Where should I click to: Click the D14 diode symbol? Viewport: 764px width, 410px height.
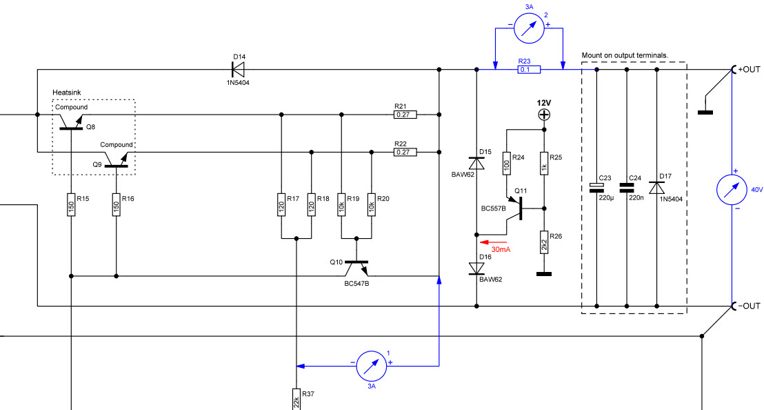point(238,69)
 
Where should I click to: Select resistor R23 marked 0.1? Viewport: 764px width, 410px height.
point(529,70)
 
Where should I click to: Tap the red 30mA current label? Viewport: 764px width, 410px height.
point(501,250)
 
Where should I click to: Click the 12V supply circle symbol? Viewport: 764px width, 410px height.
point(544,115)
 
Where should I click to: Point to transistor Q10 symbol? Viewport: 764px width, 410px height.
point(356,267)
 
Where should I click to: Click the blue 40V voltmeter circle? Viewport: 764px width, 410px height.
point(732,190)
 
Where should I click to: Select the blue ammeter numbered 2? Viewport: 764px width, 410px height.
point(529,28)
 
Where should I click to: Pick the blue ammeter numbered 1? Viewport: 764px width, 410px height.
point(371,366)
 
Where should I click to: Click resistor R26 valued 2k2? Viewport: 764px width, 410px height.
point(544,242)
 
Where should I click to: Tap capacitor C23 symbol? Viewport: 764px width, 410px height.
point(596,188)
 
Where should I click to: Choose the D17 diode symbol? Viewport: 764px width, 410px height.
point(657,188)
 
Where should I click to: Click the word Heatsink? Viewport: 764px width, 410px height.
point(67,92)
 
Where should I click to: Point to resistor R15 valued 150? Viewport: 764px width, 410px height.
point(71,205)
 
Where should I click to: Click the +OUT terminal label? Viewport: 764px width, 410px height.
point(749,69)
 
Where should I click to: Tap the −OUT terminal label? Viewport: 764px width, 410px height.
point(749,306)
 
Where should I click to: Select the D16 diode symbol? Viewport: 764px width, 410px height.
point(476,269)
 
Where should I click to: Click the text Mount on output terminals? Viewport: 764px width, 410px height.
point(625,55)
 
